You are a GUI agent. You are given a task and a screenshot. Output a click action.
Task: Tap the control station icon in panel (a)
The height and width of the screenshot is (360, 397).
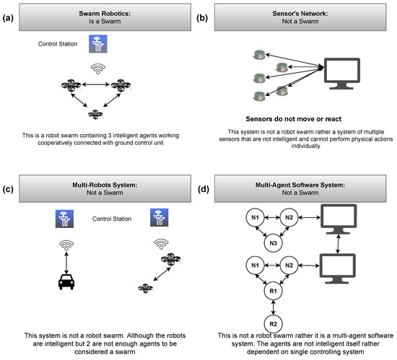pyautogui.click(x=96, y=45)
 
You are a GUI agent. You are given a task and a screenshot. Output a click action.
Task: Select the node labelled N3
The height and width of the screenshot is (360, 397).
pyautogui.click(x=273, y=245)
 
